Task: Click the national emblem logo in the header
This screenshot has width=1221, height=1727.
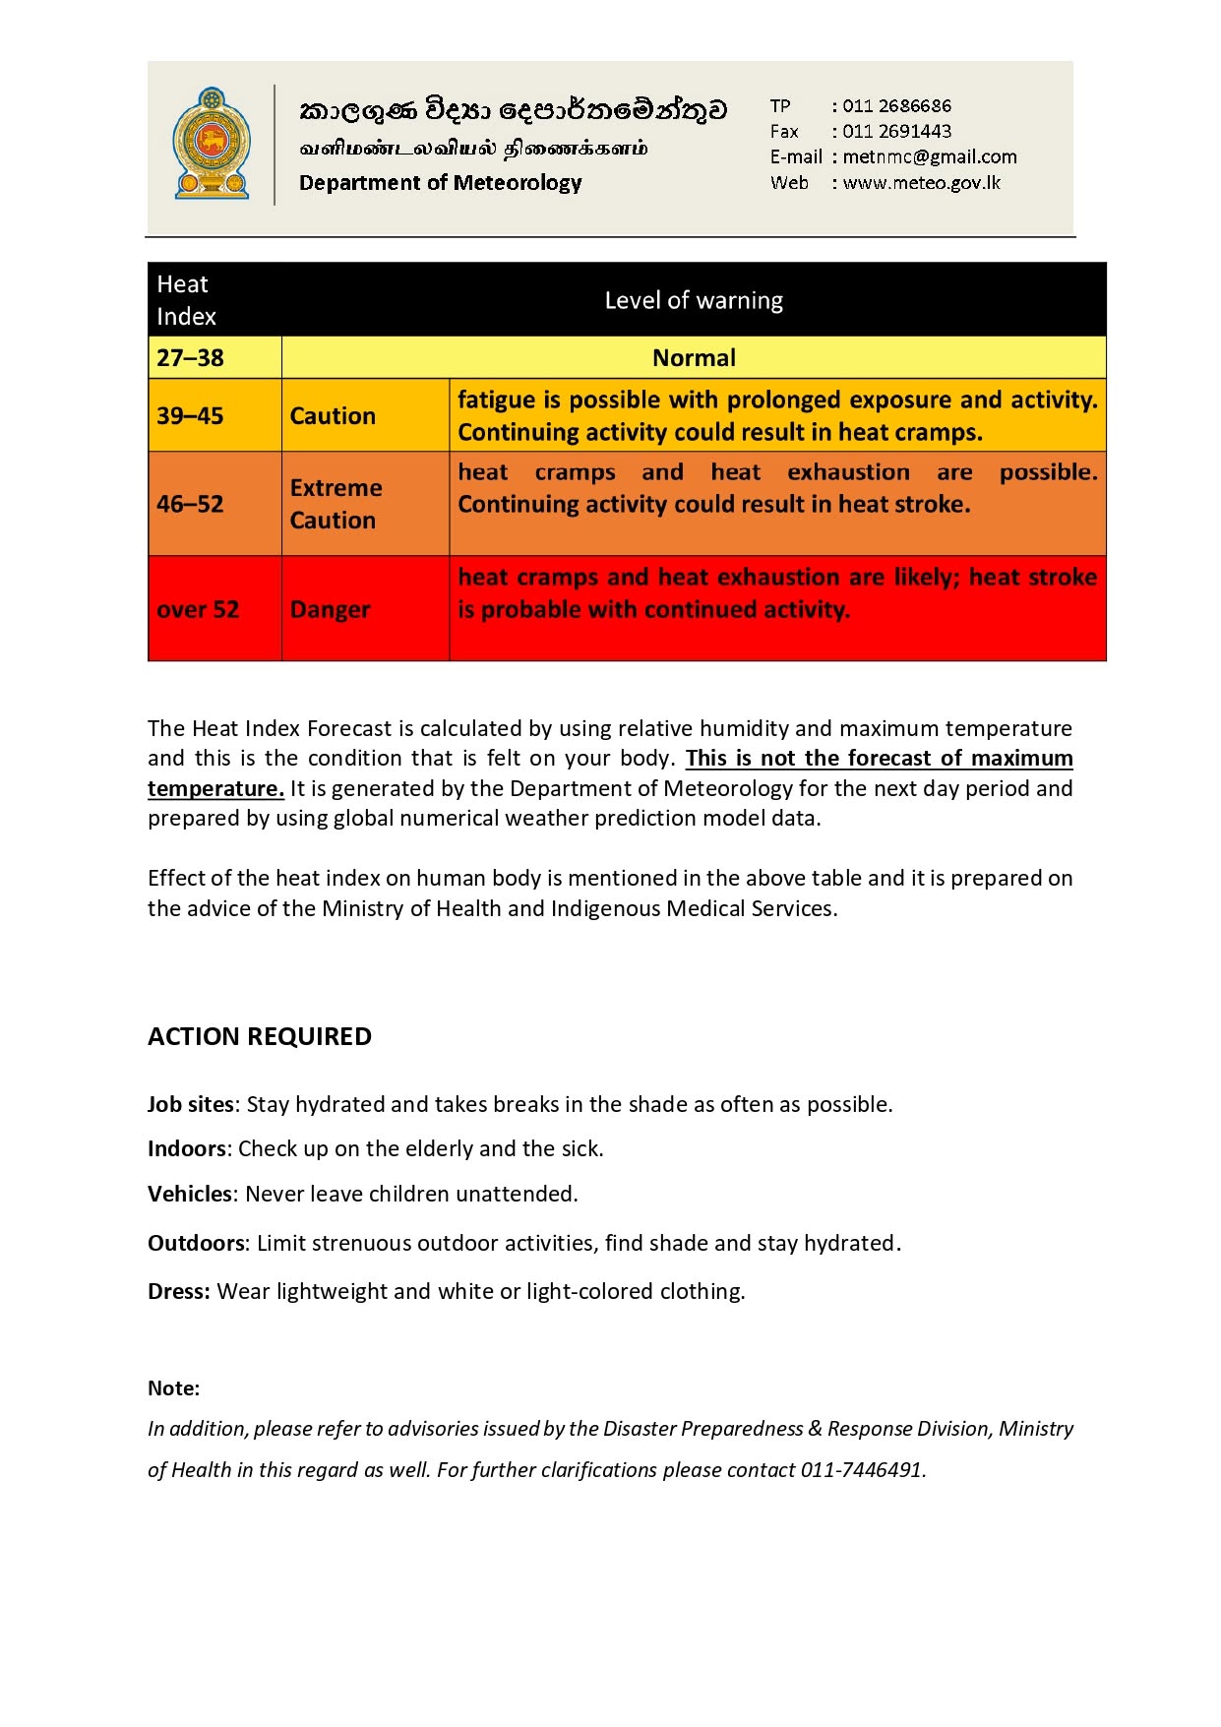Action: point(212,144)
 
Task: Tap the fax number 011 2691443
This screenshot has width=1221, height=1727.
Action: point(896,131)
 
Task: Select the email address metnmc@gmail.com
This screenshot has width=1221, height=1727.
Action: point(930,156)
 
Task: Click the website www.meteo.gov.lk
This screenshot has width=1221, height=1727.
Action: point(922,182)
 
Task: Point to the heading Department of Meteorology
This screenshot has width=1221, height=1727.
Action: point(440,183)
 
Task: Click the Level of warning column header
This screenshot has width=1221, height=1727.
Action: point(694,300)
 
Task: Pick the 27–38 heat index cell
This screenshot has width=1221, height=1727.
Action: point(191,358)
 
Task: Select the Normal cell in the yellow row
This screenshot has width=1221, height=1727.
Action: point(694,358)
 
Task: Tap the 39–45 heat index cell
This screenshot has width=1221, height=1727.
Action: point(191,416)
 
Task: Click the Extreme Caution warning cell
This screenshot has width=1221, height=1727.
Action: point(336,504)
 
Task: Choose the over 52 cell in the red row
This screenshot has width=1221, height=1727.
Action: point(198,610)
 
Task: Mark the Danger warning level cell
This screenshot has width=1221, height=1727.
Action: point(331,610)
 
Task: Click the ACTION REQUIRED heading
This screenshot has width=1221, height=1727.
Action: point(260,1036)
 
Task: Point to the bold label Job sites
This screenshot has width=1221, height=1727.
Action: point(191,1104)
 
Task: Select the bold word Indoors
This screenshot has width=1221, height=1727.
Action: point(187,1148)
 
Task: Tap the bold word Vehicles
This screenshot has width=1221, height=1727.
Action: point(190,1194)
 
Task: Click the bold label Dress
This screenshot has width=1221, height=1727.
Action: point(178,1291)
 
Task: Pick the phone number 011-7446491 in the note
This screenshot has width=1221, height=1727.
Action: point(862,1470)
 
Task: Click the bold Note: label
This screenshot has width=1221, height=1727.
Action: point(173,1388)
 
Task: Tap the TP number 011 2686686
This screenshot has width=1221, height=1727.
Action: point(896,105)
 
